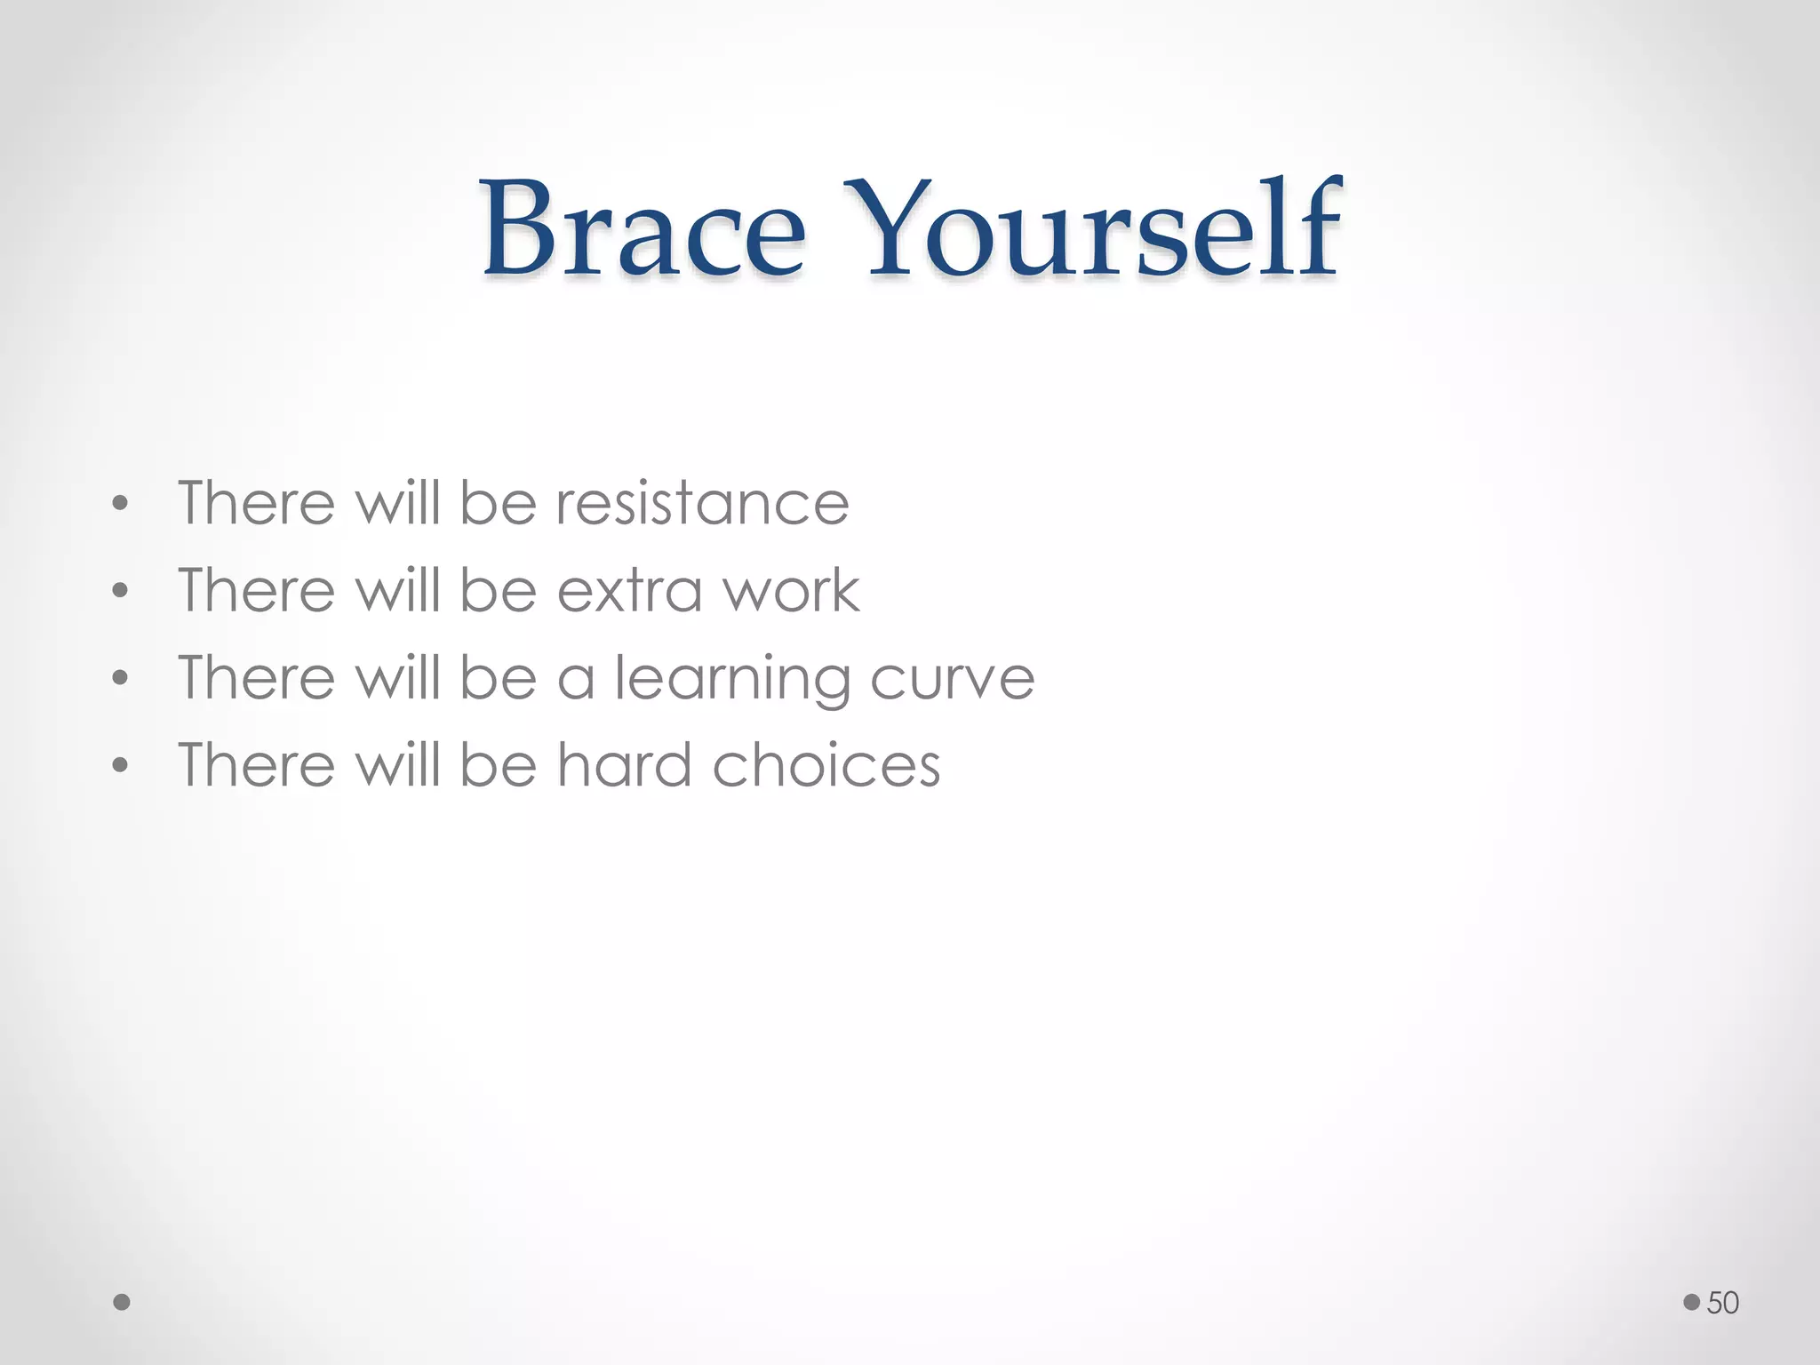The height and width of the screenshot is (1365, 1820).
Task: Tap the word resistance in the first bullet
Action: point(702,503)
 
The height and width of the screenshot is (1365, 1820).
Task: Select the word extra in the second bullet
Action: point(627,590)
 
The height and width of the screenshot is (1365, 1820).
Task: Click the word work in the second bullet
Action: point(791,590)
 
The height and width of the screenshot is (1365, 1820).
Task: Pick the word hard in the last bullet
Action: point(625,764)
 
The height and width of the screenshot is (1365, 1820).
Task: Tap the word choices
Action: point(826,764)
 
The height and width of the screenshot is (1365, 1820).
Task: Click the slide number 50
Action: point(1722,1303)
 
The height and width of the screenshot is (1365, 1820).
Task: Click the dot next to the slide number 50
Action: point(1691,1303)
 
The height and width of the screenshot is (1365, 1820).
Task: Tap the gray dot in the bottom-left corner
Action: point(123,1303)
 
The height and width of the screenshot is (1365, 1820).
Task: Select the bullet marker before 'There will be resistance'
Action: point(121,506)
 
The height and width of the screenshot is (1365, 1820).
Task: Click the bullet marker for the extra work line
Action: point(121,592)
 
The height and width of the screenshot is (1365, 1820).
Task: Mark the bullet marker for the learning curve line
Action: point(121,680)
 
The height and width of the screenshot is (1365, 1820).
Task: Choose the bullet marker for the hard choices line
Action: point(121,766)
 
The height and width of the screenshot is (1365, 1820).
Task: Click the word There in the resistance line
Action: point(257,503)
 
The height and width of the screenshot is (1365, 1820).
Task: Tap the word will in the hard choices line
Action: point(397,764)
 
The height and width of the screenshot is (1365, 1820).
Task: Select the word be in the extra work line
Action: point(499,590)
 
